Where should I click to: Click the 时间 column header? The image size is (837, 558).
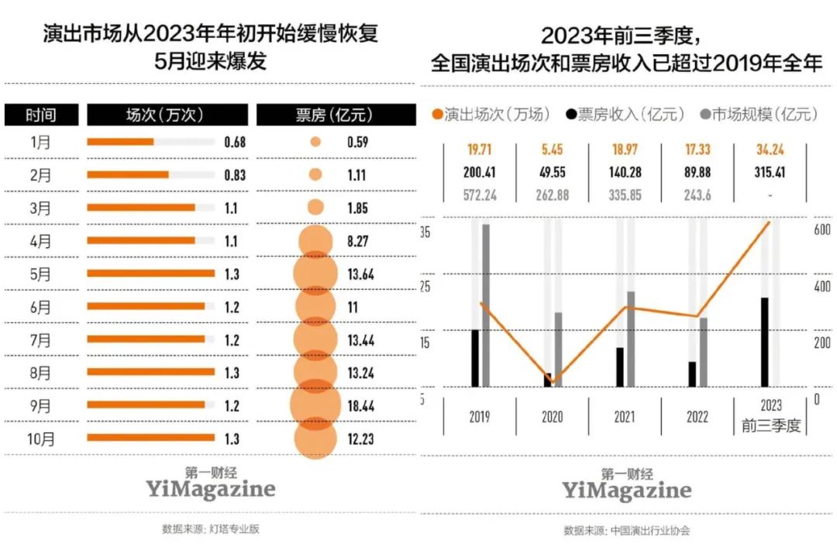(x=41, y=115)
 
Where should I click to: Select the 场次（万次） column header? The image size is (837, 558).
(x=166, y=115)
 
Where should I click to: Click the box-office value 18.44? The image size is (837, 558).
(x=361, y=405)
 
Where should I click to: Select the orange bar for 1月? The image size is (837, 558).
(x=120, y=142)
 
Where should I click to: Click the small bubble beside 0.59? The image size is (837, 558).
(x=315, y=142)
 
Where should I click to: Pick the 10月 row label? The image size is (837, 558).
(x=43, y=439)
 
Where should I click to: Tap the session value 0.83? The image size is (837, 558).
(x=234, y=175)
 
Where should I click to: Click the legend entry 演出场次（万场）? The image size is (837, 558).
(x=492, y=115)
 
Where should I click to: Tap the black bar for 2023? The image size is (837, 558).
(x=764, y=342)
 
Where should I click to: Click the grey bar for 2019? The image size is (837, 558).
(x=486, y=305)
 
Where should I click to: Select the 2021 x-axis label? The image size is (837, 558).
(x=625, y=417)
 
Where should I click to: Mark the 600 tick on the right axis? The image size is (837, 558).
(x=821, y=230)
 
